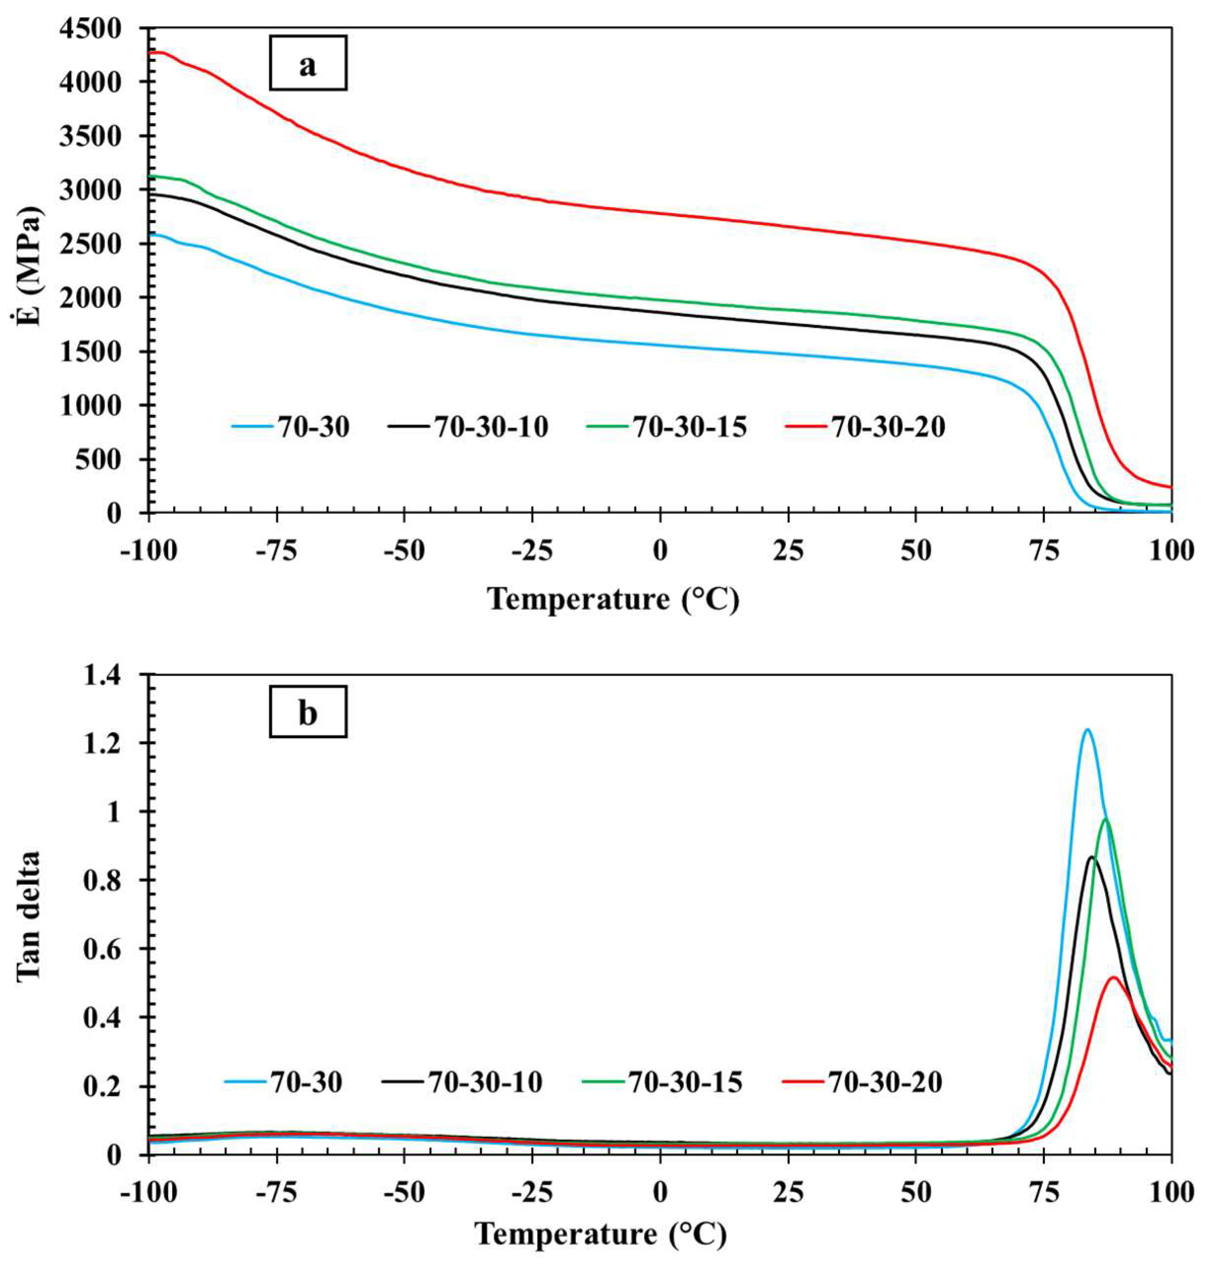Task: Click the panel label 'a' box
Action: pyautogui.click(x=308, y=63)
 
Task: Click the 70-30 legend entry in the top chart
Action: pyautogui.click(x=290, y=427)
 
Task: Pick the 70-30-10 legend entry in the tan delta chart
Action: pyautogui.click(x=462, y=1082)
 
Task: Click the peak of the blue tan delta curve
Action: pyautogui.click(x=1087, y=730)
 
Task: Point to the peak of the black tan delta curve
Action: pyautogui.click(x=1091, y=858)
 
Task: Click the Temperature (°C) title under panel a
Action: pyautogui.click(x=613, y=600)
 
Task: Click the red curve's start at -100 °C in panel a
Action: pyautogui.click(x=151, y=53)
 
